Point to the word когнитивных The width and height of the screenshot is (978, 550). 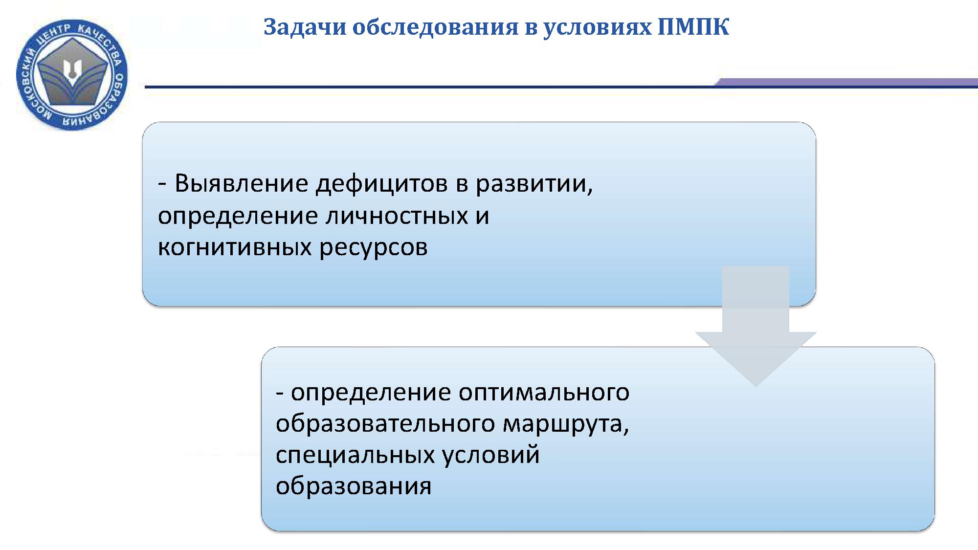point(235,247)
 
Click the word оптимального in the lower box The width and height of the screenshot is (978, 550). point(544,393)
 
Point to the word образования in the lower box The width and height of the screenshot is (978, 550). point(354,486)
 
